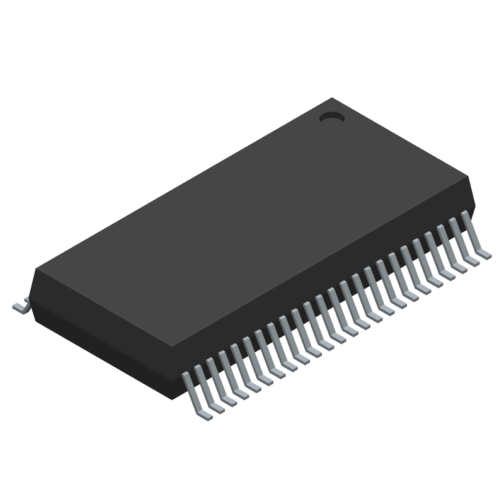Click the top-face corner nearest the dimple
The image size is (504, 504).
point(332,98)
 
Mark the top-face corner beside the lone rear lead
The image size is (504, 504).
point(37,270)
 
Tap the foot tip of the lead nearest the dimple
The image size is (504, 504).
point(485,255)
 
